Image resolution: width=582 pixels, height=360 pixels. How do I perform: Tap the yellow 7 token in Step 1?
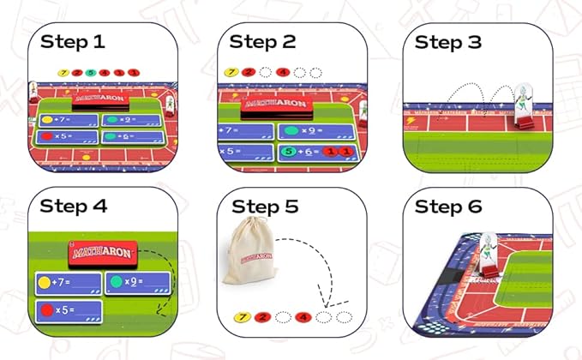coord(63,72)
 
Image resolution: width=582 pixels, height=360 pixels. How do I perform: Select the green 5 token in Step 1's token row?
coord(89,72)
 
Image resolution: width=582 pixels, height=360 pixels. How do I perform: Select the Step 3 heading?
coord(450,41)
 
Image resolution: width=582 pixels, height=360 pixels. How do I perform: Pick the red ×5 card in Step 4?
coord(68,310)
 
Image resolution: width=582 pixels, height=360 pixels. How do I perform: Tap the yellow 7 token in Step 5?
coord(243,318)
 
